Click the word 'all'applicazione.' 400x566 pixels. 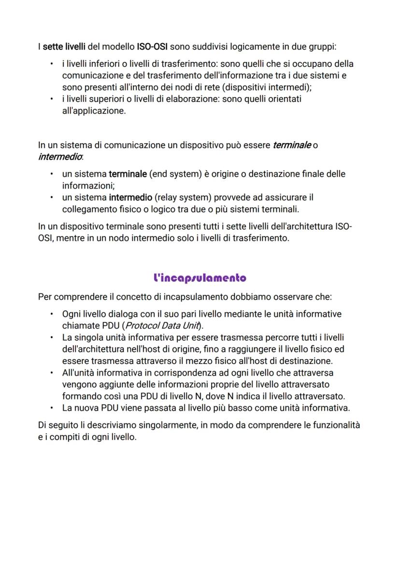94,111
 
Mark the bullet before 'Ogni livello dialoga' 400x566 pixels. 52,314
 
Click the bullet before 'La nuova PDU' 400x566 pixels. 52,408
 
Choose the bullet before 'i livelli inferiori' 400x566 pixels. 52,64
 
